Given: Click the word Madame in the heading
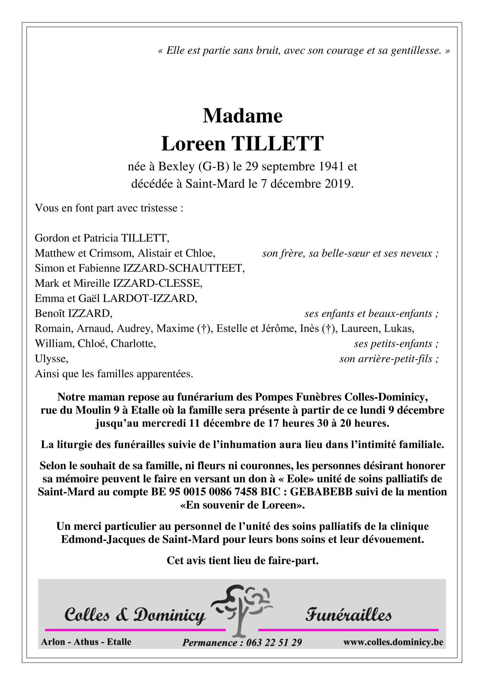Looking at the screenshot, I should [x=242, y=116].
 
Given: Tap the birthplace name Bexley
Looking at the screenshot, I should [x=176, y=166].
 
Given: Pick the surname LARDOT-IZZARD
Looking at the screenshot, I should [x=149, y=298].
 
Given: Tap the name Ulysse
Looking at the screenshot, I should [x=51, y=359].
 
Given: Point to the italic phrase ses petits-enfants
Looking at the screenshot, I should [x=393, y=344].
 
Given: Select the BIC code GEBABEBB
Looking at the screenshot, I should [x=321, y=492].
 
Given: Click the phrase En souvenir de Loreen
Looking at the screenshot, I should [x=242, y=505].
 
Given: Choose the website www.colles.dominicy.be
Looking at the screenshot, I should [x=393, y=642].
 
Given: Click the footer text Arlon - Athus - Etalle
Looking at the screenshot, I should [x=86, y=642].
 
